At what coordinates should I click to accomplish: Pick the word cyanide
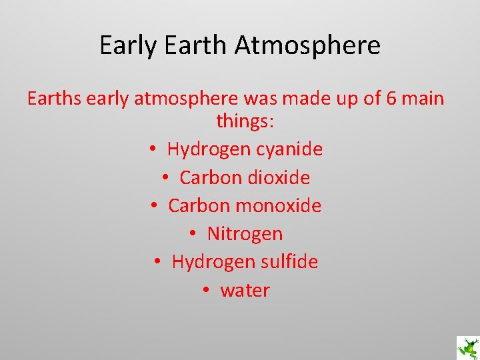pos(291,149)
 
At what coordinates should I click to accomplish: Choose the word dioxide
pos(279,177)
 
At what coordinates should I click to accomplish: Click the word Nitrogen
pos(245,233)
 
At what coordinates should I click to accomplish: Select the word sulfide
pos(290,261)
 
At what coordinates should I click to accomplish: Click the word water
pos(245,290)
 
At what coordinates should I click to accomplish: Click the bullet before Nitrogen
pos(193,233)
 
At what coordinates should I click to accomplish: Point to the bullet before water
pos(206,290)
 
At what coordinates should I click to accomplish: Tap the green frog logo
pos(467,347)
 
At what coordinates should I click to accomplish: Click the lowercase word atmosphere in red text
pos(186,99)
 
